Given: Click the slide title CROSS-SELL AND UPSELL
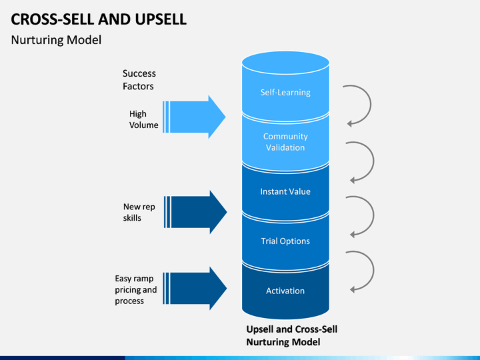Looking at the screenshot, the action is pos(99,19).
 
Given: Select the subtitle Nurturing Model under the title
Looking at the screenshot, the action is pos(56,40).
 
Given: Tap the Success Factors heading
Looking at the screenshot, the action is pos(139,80).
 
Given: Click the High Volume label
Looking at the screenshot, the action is pos(143,119).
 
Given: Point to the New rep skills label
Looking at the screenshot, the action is pos(139,212).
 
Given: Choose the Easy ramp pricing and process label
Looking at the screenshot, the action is pos(135,289).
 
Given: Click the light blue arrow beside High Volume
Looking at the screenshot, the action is pos(194,117).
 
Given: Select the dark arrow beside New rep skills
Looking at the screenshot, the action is pos(195,212).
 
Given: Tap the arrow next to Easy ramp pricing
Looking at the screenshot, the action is pos(195,289).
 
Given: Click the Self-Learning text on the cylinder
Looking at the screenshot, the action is pos(285,92).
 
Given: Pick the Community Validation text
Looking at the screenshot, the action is pos(285,142).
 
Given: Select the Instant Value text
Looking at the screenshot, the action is pos(285,191).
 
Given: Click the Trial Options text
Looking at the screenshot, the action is pos(285,241).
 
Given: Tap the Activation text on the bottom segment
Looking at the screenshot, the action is pos(285,291).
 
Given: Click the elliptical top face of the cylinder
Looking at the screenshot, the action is pos(285,63).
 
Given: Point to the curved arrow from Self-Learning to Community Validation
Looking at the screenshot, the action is pos(371,104).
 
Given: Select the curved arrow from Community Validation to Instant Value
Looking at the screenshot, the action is pos(373,161).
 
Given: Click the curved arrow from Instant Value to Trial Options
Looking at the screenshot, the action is pos(373,215).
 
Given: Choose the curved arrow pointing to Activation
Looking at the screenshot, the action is pos(373,270).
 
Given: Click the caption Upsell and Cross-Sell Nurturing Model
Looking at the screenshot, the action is pos(292,335).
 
